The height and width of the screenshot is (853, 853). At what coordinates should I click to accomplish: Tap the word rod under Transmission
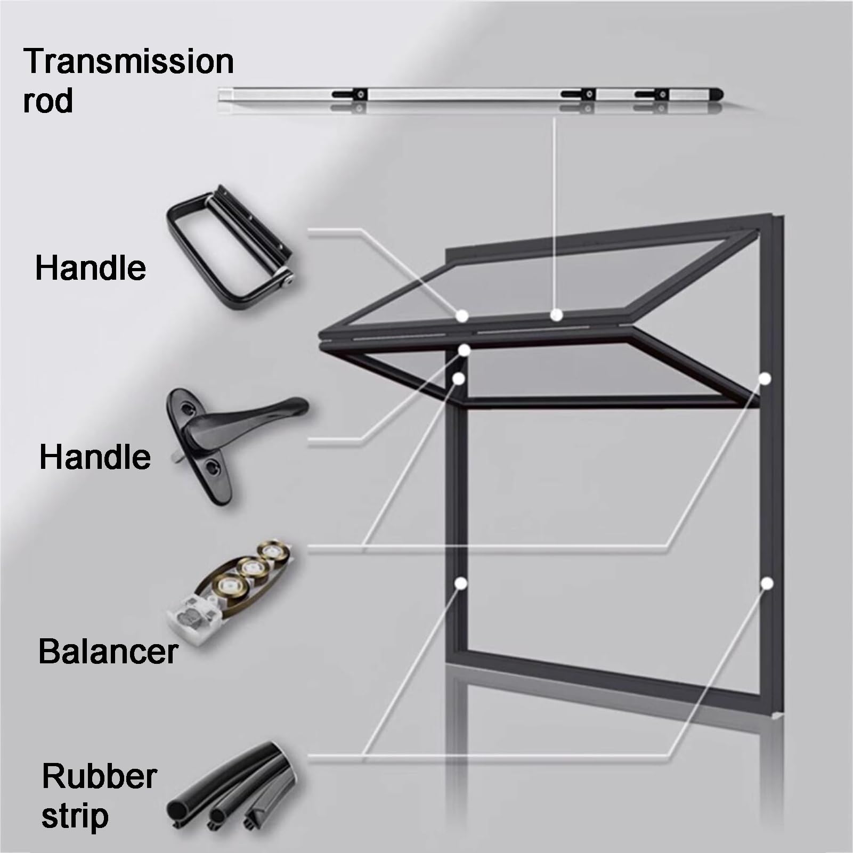(x=48, y=100)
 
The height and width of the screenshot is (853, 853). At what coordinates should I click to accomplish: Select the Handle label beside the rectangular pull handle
(x=91, y=267)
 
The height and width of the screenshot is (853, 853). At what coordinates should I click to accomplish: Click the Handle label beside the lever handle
(x=95, y=457)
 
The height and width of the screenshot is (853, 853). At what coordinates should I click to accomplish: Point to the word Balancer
(x=108, y=651)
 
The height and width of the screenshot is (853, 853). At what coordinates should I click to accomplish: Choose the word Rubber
(x=99, y=776)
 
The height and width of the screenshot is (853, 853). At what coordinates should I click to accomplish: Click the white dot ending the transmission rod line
(x=556, y=315)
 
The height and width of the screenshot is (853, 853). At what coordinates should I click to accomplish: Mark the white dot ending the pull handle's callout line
(x=462, y=315)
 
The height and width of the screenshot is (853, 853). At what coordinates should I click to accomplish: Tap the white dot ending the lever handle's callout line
(x=465, y=350)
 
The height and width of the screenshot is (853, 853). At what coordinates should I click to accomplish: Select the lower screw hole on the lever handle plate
(x=213, y=467)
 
